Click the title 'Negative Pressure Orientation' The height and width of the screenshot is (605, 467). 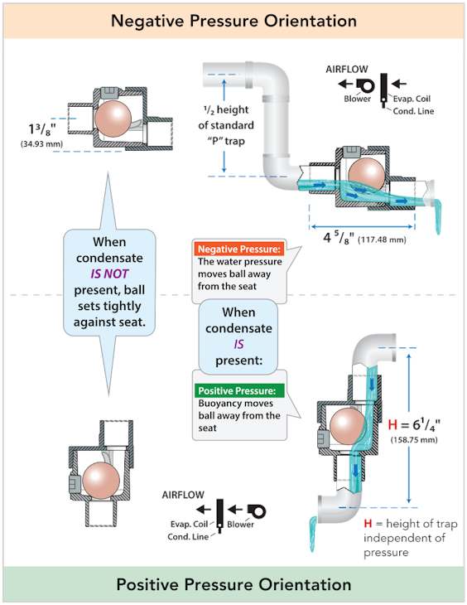(233, 20)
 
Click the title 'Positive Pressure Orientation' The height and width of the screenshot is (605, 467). (233, 584)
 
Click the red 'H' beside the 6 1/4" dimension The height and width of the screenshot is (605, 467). (392, 424)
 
